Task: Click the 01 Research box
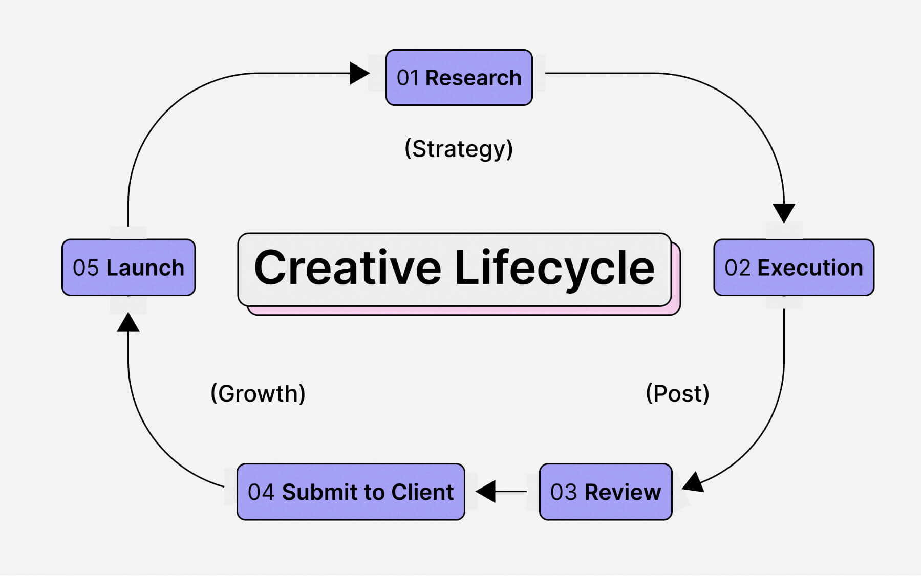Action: click(x=459, y=78)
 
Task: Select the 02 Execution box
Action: click(x=794, y=268)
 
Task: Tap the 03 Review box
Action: click(x=606, y=492)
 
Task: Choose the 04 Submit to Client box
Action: click(x=351, y=492)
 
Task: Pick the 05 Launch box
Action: click(x=128, y=268)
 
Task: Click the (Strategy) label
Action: click(x=459, y=149)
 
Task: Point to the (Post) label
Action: click(x=677, y=393)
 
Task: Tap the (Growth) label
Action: click(x=258, y=393)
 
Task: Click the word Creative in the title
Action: click(x=347, y=268)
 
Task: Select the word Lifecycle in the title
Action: click(x=554, y=268)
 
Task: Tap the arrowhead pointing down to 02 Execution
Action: click(x=784, y=212)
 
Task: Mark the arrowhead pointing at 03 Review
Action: click(x=694, y=482)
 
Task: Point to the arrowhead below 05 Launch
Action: click(x=128, y=323)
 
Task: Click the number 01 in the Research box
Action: click(x=408, y=78)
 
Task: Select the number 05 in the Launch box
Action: click(x=85, y=268)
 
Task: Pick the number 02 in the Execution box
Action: click(x=737, y=268)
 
